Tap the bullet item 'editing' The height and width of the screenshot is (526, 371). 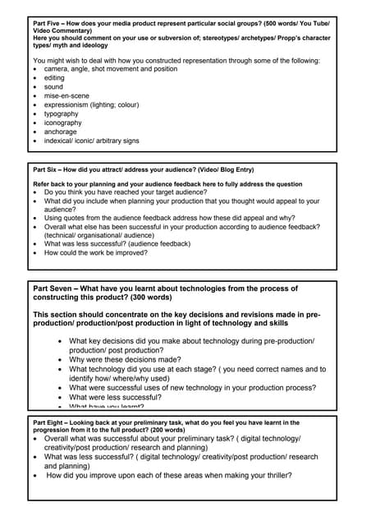(x=54, y=78)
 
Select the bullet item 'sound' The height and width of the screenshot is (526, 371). (x=53, y=87)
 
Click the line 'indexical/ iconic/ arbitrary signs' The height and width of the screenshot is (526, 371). (x=92, y=141)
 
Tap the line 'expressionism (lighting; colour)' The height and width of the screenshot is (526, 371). (x=92, y=105)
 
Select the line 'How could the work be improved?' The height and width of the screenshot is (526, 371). (x=96, y=253)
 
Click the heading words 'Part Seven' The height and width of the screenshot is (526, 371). (x=53, y=288)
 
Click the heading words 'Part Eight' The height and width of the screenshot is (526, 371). (x=50, y=422)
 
